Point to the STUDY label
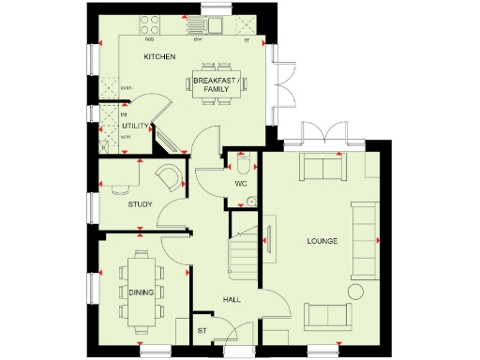pyautogui.click(x=140, y=203)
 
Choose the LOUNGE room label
pyautogui.click(x=322, y=242)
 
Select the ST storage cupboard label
pyautogui.click(x=201, y=331)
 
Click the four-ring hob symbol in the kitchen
pyautogui.click(x=149, y=25)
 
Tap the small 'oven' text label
pyautogui.click(x=126, y=88)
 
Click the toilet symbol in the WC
pyautogui.click(x=244, y=166)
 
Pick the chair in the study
pyautogui.click(x=169, y=178)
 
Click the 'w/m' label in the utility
pyautogui.click(x=125, y=136)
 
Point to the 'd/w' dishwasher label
pyautogui.click(x=199, y=40)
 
